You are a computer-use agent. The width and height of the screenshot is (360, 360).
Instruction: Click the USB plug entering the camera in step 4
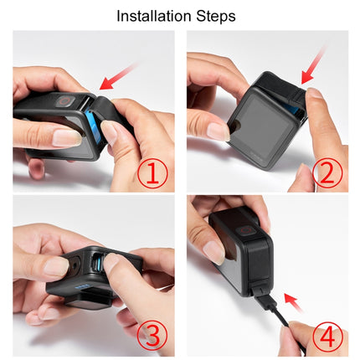[x=258, y=296]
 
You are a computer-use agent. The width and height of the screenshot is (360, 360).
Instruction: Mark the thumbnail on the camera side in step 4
[x=213, y=251]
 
